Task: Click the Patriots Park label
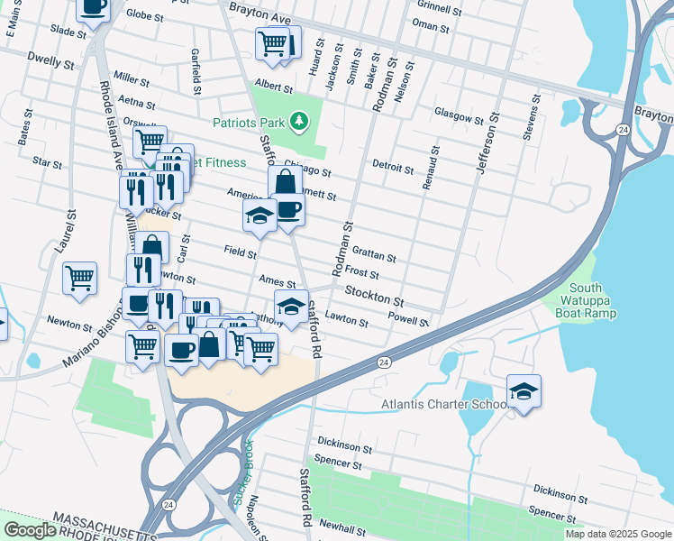pos(248,123)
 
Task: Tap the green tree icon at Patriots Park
pos(298,122)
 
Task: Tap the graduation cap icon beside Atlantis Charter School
pos(524,391)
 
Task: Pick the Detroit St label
pos(393,169)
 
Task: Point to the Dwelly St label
pos(50,64)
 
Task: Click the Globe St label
pos(145,15)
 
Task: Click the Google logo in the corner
pos(30,530)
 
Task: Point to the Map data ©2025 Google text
pos(617,534)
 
